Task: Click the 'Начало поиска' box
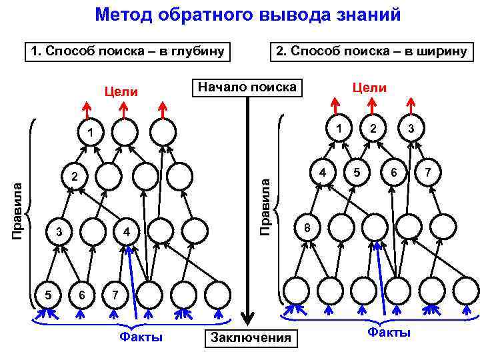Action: click(x=247, y=87)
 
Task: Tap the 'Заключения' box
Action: click(x=251, y=338)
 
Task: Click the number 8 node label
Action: click(x=307, y=227)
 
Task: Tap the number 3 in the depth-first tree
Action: click(x=59, y=232)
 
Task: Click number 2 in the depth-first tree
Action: click(x=75, y=177)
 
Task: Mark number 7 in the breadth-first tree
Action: click(x=428, y=172)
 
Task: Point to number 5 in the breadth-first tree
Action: click(x=358, y=172)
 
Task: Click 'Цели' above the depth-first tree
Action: click(x=121, y=91)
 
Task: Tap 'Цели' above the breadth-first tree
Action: click(x=369, y=88)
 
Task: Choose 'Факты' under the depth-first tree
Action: click(x=141, y=337)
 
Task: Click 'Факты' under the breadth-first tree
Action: click(x=389, y=332)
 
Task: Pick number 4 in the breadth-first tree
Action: click(x=322, y=172)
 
